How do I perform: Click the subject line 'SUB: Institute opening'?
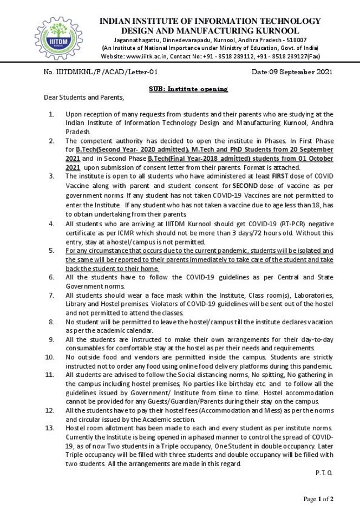(188, 89)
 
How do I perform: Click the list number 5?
(52, 251)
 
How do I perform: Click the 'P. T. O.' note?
(322, 472)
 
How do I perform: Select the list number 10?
(50, 358)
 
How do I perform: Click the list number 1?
(52, 114)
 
